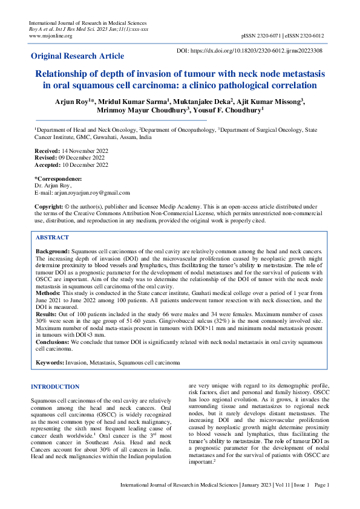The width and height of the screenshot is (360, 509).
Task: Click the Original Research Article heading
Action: (78, 56)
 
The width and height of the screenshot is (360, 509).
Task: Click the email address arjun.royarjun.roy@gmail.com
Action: (91, 193)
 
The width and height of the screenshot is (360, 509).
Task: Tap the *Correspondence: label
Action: (58, 179)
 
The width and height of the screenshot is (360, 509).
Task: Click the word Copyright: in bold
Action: (48, 207)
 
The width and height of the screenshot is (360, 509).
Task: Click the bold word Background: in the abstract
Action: (53, 250)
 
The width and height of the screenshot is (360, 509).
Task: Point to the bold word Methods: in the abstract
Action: (48, 291)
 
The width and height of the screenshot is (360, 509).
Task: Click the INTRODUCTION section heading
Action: (55, 386)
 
